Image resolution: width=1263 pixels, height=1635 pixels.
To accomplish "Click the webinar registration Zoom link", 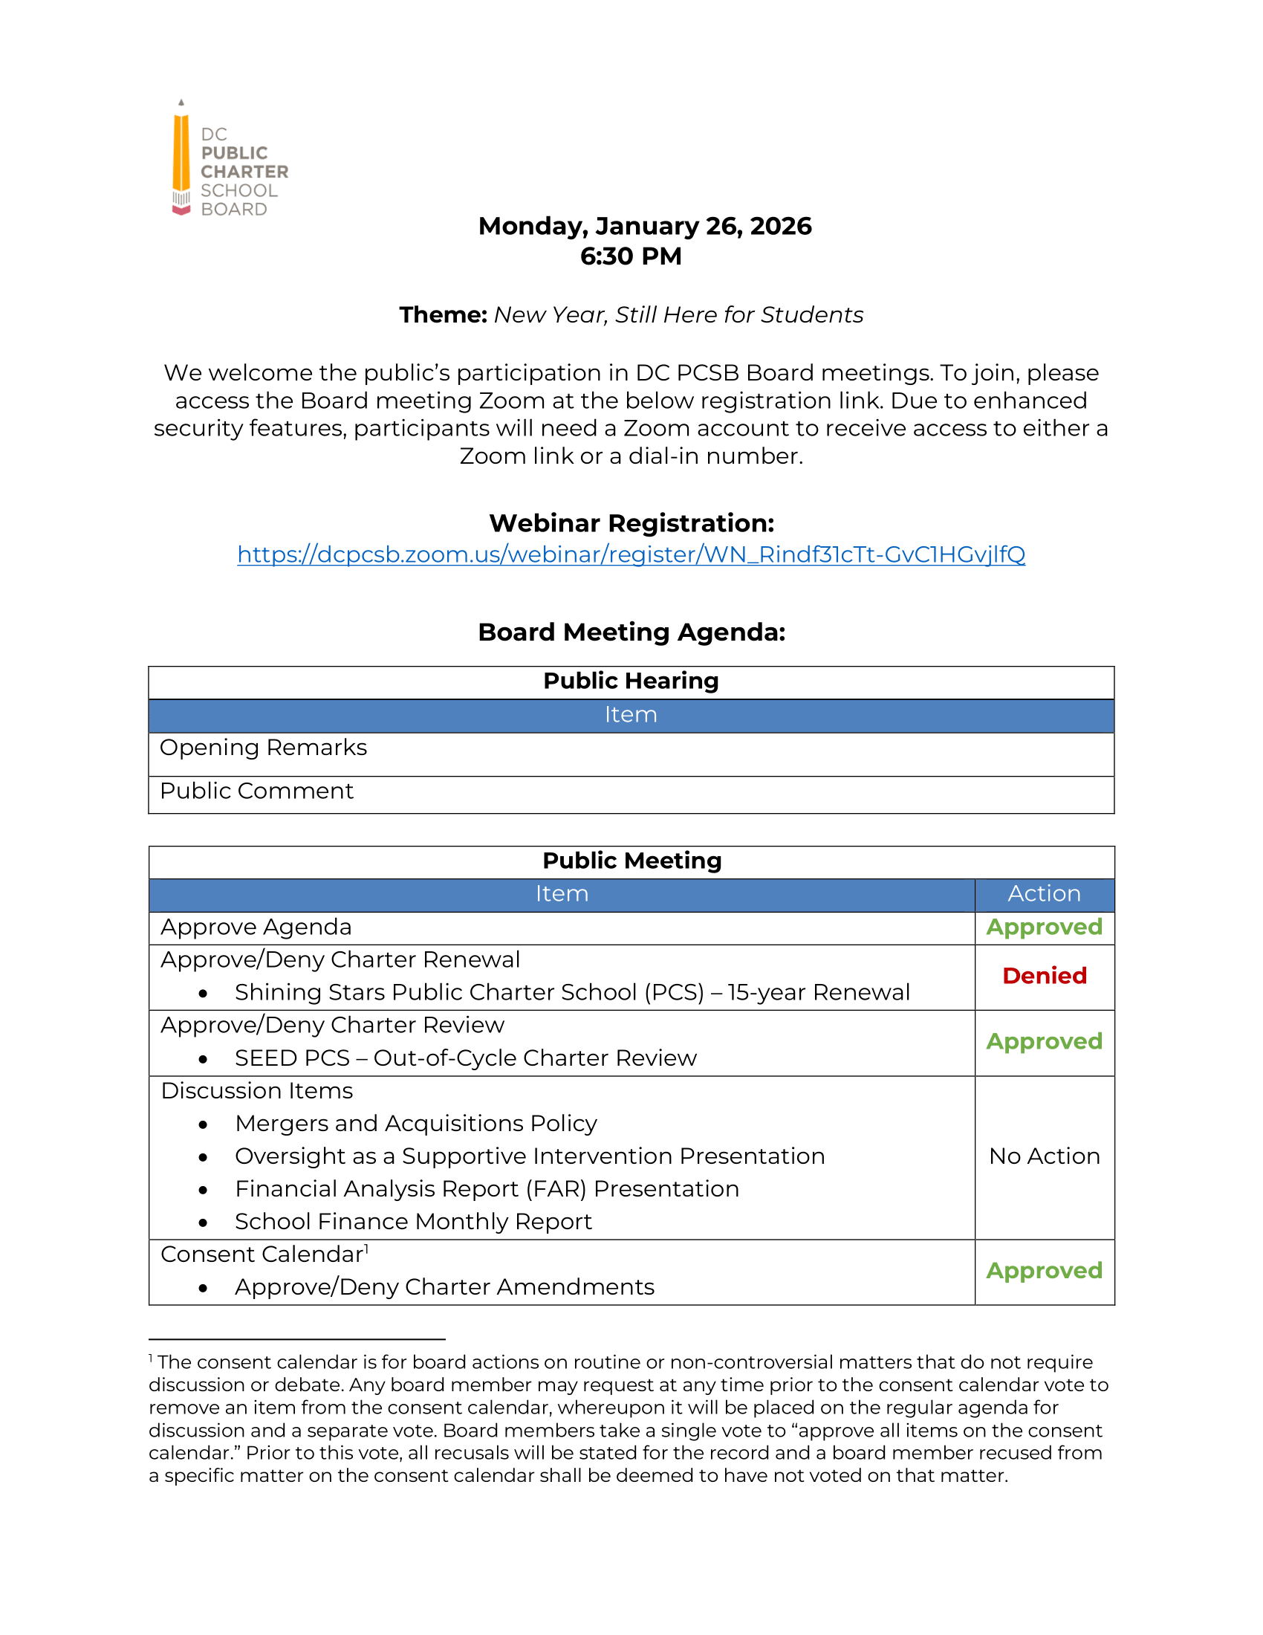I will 631,554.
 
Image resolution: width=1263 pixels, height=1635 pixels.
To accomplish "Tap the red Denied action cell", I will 1044,976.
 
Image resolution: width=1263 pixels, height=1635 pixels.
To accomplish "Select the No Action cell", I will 1044,1156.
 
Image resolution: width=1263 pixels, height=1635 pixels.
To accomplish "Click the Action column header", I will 1044,893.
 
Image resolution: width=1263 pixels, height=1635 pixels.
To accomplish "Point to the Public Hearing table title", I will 631,681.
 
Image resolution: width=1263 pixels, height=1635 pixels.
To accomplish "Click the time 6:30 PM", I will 631,256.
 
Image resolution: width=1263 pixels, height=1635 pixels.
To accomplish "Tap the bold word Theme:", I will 443,314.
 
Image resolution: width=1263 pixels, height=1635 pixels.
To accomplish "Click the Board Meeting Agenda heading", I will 631,632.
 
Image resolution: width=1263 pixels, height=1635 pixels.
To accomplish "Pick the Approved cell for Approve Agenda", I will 1044,927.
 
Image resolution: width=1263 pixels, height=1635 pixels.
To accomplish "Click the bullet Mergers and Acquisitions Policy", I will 416,1123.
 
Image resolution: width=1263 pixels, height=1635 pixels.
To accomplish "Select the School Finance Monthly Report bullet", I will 413,1221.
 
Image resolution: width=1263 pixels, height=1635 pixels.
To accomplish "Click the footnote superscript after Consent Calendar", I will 366,1248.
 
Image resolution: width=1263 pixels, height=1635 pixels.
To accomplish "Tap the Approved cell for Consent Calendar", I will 1044,1270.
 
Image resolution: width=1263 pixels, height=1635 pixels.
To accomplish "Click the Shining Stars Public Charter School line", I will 571,992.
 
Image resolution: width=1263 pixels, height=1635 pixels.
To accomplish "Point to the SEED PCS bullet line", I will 465,1058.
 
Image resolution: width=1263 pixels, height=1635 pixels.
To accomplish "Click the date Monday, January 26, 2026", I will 644,226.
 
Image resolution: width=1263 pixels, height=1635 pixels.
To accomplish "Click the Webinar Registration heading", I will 631,522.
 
